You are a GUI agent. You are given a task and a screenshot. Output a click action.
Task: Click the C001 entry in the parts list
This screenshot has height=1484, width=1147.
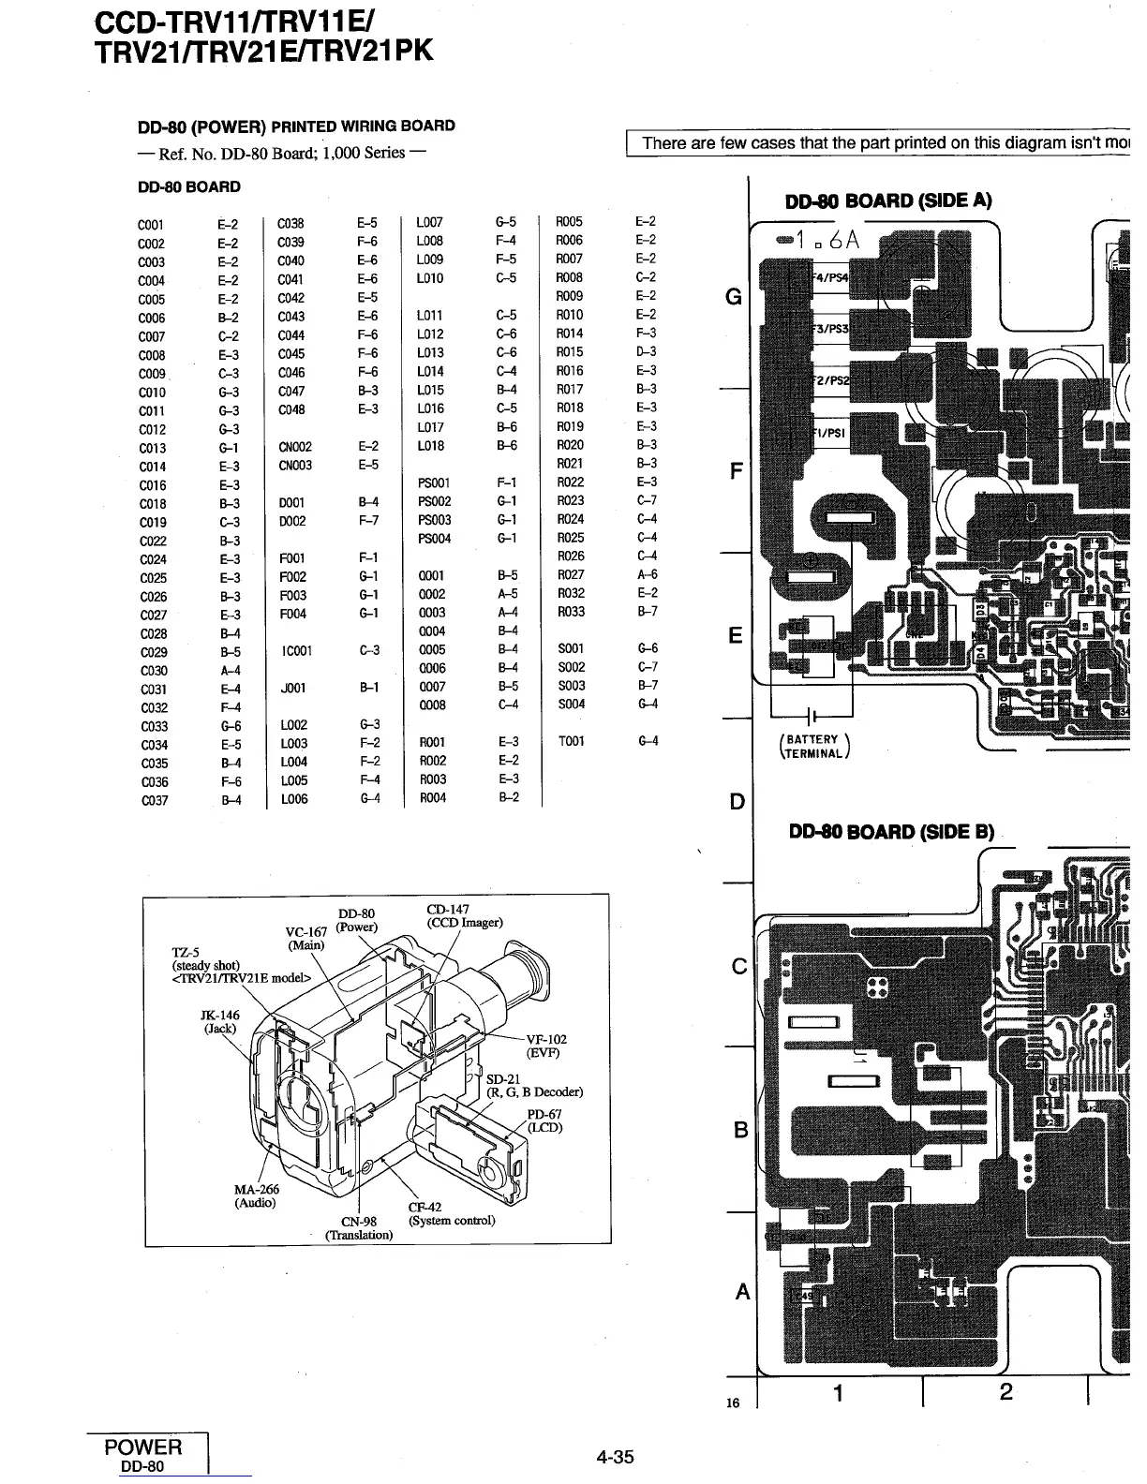(x=151, y=225)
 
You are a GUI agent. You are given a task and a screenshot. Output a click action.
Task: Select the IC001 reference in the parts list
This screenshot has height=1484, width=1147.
(x=295, y=650)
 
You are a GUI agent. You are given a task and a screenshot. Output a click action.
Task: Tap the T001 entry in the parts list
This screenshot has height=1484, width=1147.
(x=571, y=741)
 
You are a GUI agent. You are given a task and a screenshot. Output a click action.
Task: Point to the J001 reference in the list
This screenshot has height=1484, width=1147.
(x=293, y=688)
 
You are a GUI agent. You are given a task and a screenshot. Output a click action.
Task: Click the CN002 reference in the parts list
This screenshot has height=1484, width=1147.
(x=295, y=447)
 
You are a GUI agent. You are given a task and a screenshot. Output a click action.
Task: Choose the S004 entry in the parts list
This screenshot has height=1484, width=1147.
(x=572, y=704)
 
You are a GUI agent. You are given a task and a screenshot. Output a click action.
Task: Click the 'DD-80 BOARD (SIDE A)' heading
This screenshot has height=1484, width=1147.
(x=887, y=200)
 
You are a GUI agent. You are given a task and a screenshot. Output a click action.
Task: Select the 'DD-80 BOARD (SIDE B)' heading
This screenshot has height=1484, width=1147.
(x=890, y=832)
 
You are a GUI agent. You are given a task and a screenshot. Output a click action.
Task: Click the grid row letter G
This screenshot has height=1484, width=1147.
(x=735, y=298)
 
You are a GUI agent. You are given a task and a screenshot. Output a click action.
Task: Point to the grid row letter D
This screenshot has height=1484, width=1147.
(x=737, y=802)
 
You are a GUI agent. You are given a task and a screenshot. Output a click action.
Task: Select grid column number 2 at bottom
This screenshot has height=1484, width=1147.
(x=1005, y=1392)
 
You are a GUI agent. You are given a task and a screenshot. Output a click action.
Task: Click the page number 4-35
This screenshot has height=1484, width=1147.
(x=615, y=1457)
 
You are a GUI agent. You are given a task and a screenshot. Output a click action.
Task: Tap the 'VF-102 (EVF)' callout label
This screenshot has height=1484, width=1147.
(x=546, y=1046)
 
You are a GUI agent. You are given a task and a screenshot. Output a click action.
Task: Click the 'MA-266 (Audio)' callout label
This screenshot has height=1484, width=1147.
(x=256, y=1196)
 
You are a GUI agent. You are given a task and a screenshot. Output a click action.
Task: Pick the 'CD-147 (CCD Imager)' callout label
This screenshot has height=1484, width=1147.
(x=464, y=915)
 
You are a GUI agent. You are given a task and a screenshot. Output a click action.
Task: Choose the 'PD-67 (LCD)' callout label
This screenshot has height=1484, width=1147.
(x=544, y=1120)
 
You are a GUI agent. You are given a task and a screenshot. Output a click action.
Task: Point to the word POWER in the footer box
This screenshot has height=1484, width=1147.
(x=144, y=1447)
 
